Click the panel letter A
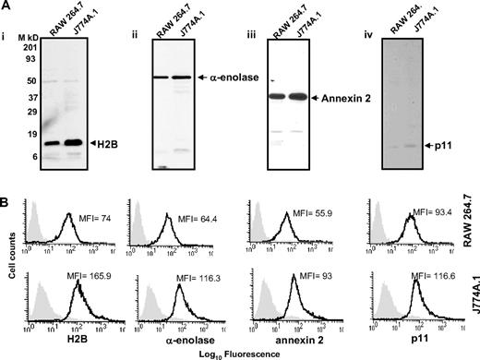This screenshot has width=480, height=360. (7, 6)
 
